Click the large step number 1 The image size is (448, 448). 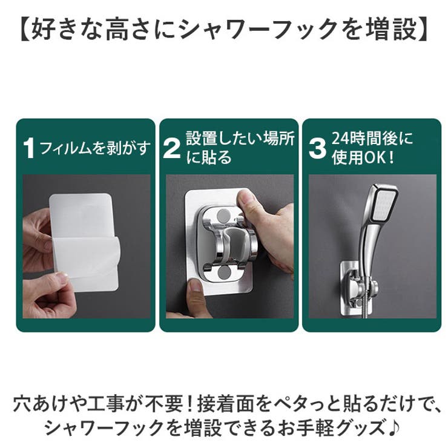pos(29,148)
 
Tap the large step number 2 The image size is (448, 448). pos(172,148)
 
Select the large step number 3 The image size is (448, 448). pos(317,148)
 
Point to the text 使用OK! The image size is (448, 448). pos(363,158)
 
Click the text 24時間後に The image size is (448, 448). pos(372,139)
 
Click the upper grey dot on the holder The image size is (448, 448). pos(224,216)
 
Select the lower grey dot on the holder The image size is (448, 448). pos(224,274)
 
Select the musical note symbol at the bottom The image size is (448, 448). pos(394,427)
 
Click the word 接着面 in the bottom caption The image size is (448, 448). pos(224,403)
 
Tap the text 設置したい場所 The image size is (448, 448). pos(240,139)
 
